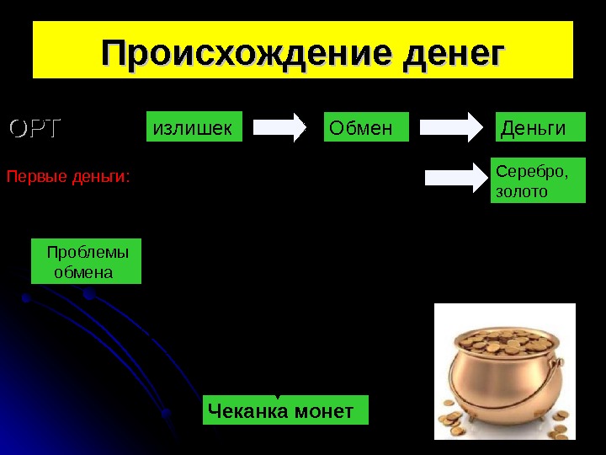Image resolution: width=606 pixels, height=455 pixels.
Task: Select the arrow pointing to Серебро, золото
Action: coord(455,177)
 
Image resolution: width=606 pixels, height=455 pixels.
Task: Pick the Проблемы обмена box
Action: coord(87,261)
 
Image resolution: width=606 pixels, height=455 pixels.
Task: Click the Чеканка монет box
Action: coord(286,411)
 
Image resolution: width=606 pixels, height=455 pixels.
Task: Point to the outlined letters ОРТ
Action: coord(35,128)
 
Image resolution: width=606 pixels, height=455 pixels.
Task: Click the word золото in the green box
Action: coord(522,192)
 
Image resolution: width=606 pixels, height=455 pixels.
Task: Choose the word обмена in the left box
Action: coord(82,272)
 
